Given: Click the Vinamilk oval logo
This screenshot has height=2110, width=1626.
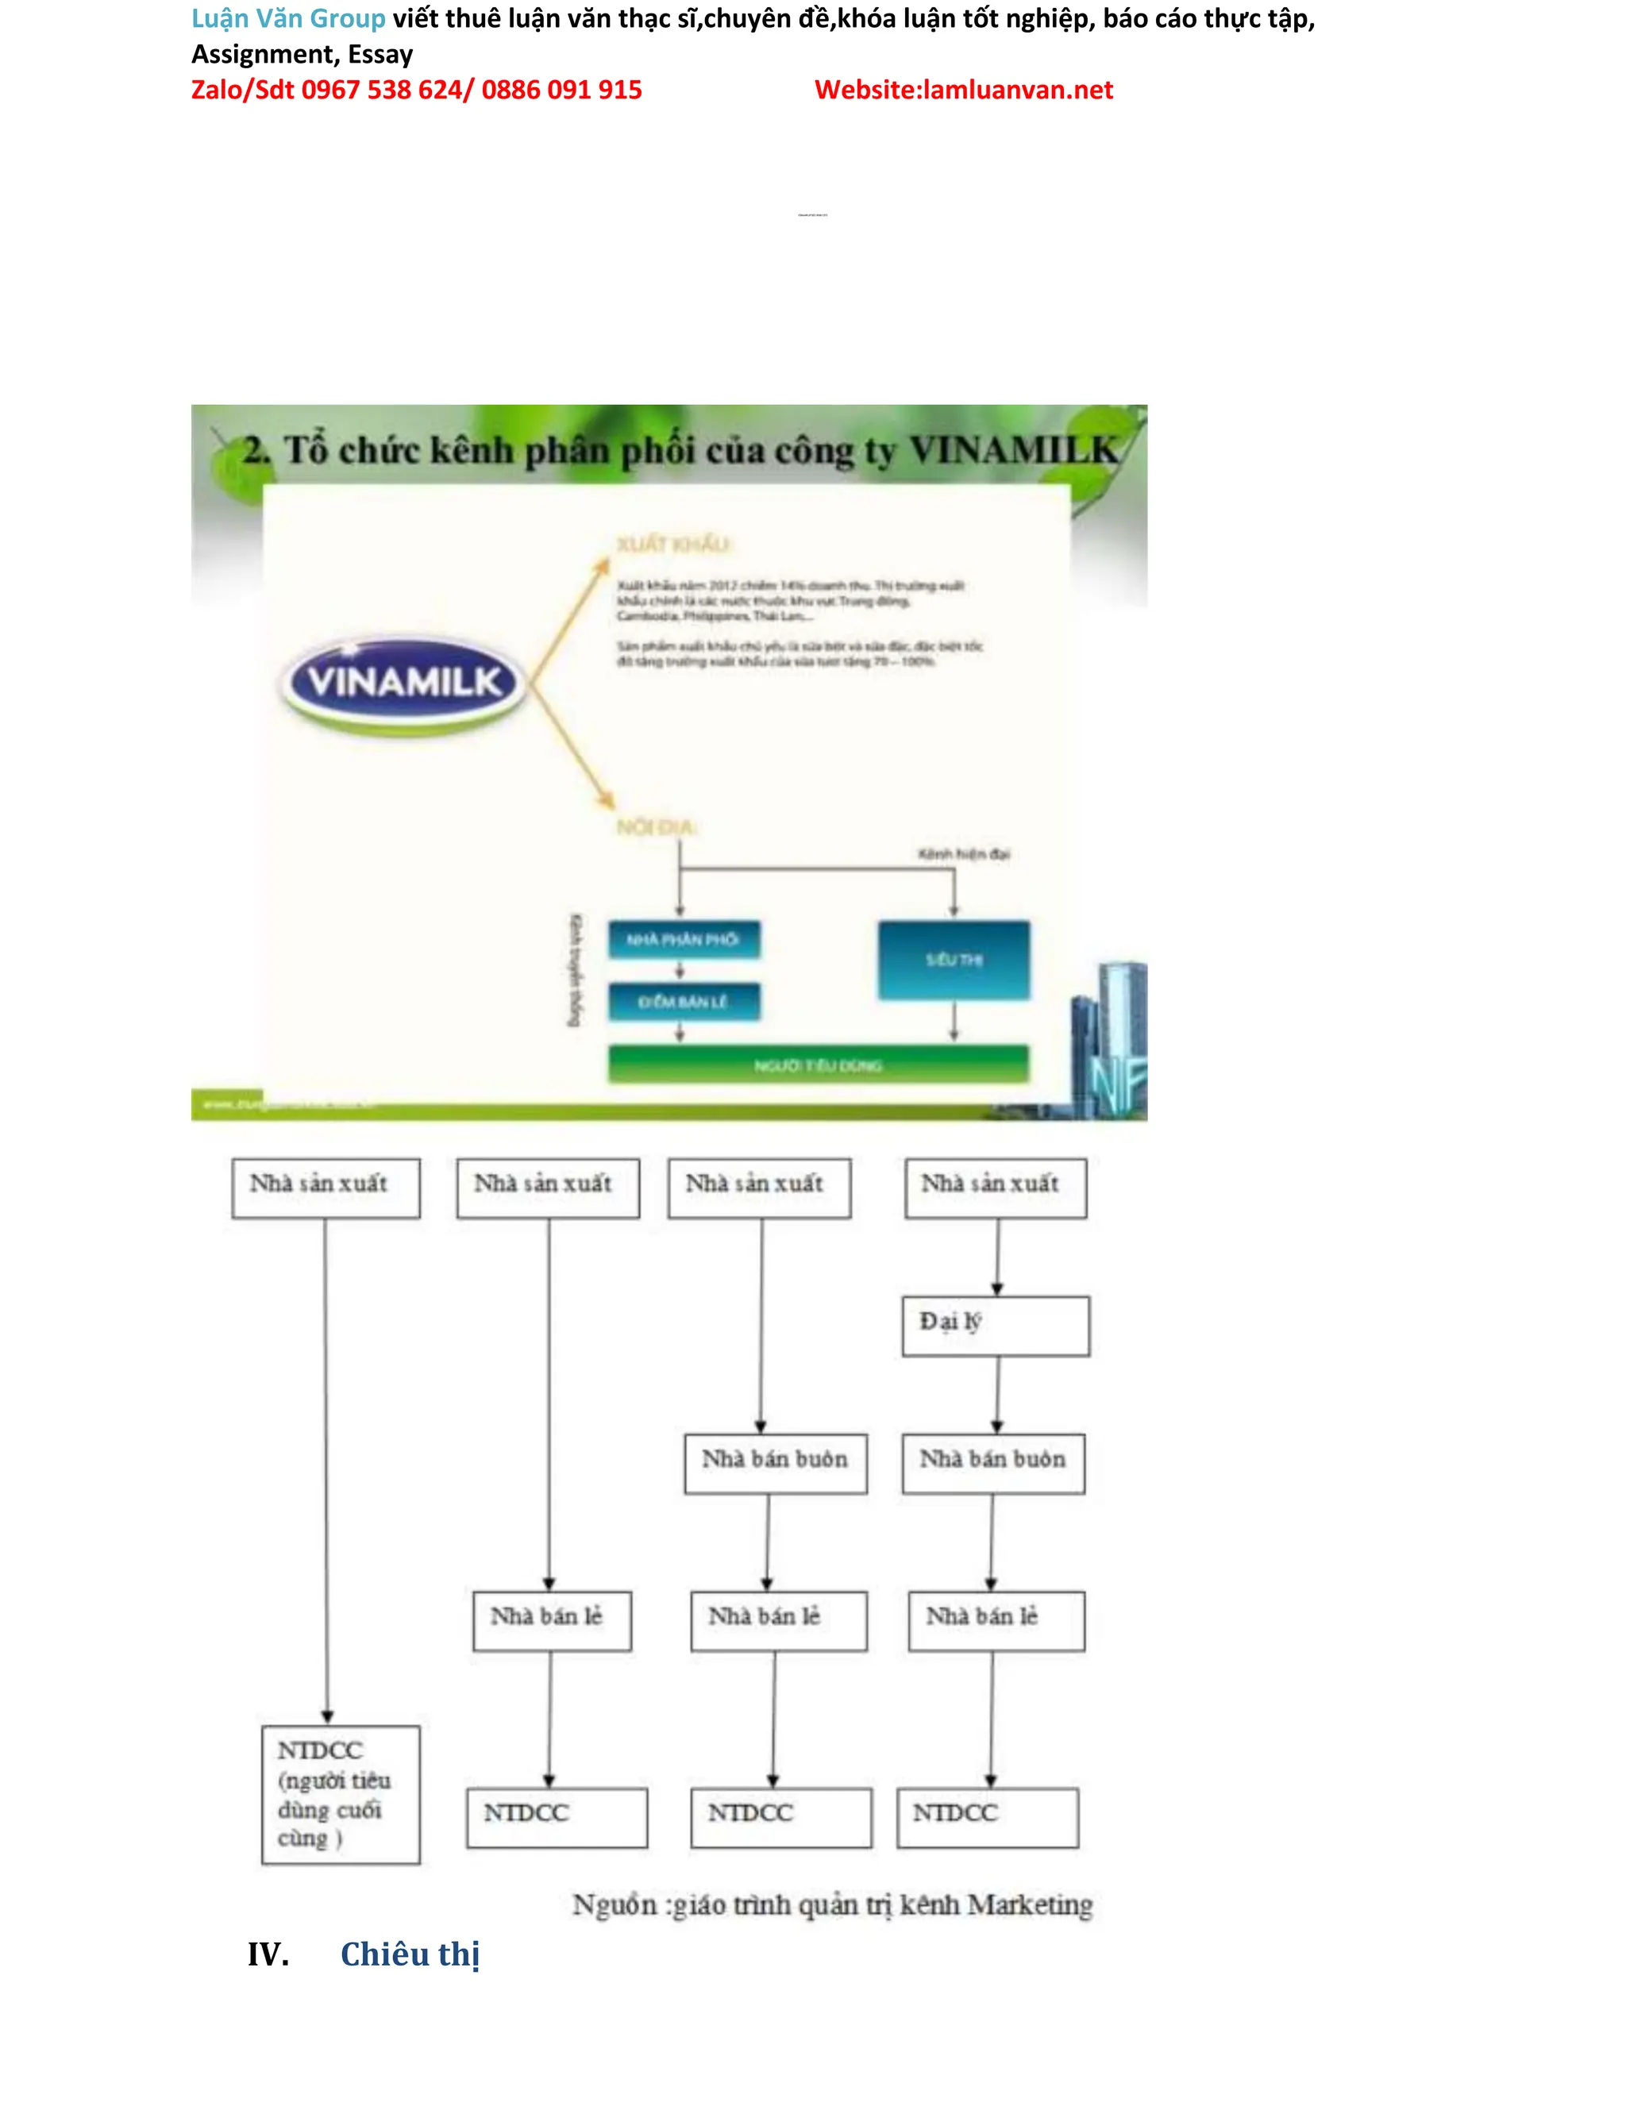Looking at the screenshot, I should (x=404, y=683).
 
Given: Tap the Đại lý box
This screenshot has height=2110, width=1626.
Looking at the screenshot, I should (x=995, y=1326).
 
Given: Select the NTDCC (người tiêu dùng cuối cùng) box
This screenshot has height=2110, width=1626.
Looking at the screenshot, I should (x=340, y=1794).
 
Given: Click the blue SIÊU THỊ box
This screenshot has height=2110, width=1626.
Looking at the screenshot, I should (x=954, y=960).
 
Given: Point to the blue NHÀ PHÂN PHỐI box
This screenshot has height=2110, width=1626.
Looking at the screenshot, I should (x=683, y=939).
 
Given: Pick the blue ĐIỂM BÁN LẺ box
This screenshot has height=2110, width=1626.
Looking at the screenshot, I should (x=683, y=1002).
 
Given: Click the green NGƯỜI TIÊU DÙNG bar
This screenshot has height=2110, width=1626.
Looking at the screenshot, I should (x=817, y=1065).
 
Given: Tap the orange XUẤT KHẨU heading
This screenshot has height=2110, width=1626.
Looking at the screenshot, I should (x=673, y=544).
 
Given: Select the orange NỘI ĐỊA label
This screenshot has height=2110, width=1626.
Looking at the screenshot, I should (x=656, y=827).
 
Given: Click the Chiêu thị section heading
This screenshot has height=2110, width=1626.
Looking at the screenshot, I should (x=410, y=1954).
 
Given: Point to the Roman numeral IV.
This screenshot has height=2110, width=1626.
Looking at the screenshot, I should (x=268, y=1954).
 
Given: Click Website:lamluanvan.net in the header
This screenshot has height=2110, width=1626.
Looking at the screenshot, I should (x=963, y=90).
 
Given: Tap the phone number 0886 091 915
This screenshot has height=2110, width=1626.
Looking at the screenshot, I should (x=561, y=90).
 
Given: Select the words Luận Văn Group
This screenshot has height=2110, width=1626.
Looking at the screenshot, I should (x=288, y=18).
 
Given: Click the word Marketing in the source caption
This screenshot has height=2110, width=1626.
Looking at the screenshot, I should (x=1030, y=1904).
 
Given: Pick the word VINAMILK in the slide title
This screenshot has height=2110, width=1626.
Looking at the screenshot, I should (x=1012, y=450).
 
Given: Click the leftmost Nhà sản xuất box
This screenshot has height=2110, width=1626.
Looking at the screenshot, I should (x=326, y=1188).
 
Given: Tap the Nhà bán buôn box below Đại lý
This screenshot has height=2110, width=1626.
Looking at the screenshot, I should (x=993, y=1463).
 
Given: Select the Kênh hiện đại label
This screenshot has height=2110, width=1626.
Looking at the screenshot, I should (x=963, y=854).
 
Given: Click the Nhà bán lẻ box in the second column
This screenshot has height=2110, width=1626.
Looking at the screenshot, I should (x=552, y=1620).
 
